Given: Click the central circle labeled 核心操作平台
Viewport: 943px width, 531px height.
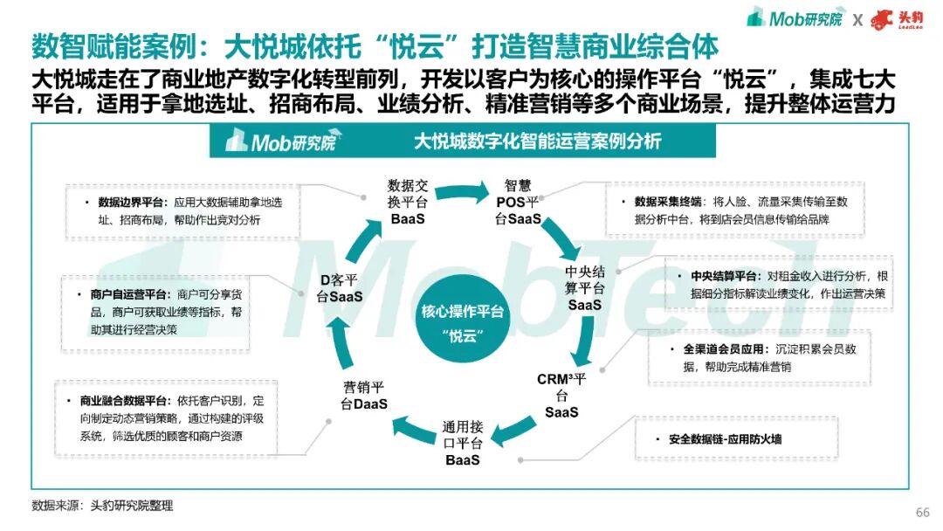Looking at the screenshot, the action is tap(463, 321).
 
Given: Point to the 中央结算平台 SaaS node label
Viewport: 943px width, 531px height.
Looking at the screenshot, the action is tap(585, 287).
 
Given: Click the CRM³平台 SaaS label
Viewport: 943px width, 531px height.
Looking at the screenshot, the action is tap(566, 395).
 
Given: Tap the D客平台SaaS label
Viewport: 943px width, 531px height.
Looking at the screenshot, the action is tap(340, 287).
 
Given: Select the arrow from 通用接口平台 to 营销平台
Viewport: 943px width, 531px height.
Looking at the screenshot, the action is tap(411, 428).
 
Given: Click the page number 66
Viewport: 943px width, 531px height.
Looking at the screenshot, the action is tap(922, 512).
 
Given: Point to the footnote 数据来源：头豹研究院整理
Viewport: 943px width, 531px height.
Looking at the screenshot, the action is tap(102, 505).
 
